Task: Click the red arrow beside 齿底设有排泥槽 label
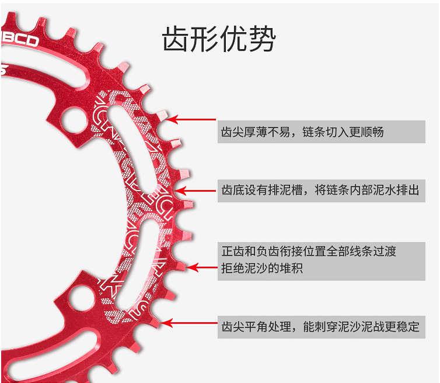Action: point(196,190)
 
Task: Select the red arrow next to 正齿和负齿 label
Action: point(201,268)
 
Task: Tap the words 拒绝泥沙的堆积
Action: point(263,268)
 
